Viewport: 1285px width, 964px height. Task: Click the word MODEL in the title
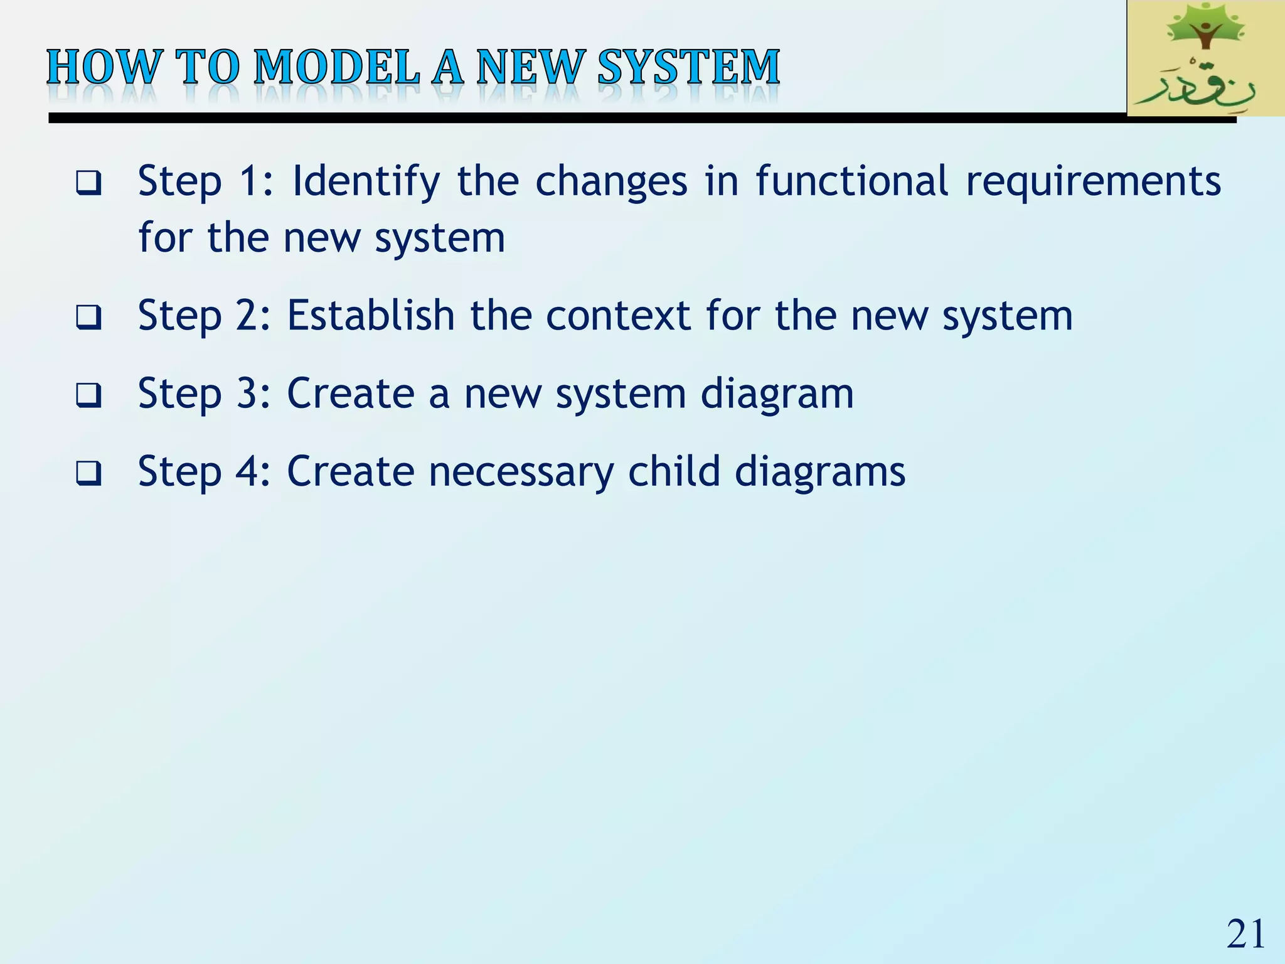[x=337, y=67]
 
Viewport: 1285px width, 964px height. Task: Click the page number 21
[x=1245, y=934]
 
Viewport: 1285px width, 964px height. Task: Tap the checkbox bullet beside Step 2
[x=88, y=317]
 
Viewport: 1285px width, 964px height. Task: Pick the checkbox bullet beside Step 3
[x=88, y=395]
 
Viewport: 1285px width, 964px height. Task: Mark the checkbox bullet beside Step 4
[x=88, y=473]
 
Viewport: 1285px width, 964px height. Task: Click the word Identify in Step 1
[x=366, y=181]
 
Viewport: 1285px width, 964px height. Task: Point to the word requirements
[x=1093, y=183]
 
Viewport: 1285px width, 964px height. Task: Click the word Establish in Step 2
[x=371, y=315]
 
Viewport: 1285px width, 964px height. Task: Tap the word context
[x=618, y=316]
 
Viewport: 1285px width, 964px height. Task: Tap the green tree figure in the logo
[x=1203, y=28]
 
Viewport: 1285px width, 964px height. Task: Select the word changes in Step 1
[x=611, y=183]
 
